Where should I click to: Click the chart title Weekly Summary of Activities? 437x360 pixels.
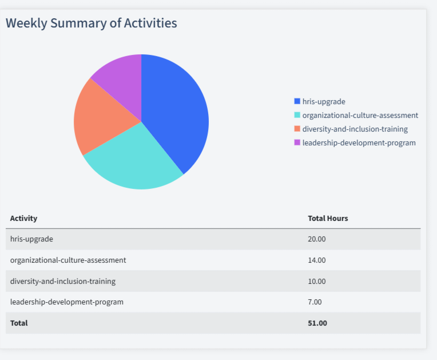pyautogui.click(x=92, y=23)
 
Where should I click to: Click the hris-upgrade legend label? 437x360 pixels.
pyautogui.click(x=324, y=101)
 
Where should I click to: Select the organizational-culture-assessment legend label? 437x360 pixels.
pyautogui.click(x=360, y=115)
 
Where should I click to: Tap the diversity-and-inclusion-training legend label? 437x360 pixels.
pyautogui.click(x=355, y=129)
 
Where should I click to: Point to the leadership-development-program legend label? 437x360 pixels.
pyautogui.click(x=359, y=143)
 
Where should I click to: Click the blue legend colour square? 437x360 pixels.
pyautogui.click(x=297, y=101)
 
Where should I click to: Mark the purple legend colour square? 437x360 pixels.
pyautogui.click(x=297, y=143)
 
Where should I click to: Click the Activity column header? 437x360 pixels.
pyautogui.click(x=23, y=218)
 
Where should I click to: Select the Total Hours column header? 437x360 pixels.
pyautogui.click(x=328, y=218)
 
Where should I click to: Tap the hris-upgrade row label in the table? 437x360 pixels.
pyautogui.click(x=31, y=239)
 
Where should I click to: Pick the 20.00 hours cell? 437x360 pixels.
pyautogui.click(x=317, y=239)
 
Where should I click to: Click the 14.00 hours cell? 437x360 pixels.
pyautogui.click(x=317, y=260)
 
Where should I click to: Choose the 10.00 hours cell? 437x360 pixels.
pyautogui.click(x=317, y=281)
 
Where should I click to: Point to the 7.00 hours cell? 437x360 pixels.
pyautogui.click(x=315, y=302)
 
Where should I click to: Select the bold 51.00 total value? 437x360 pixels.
pyautogui.click(x=317, y=323)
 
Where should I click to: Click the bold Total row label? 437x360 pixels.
pyautogui.click(x=19, y=323)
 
